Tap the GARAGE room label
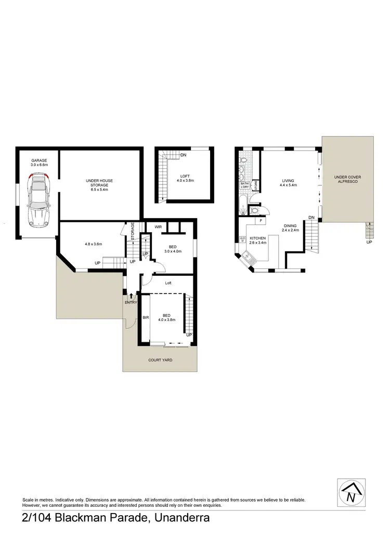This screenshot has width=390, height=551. [x=39, y=161]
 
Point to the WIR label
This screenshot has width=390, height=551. [x=158, y=227]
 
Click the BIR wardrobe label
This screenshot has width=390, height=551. [x=146, y=317]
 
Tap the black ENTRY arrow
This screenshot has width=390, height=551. [x=131, y=295]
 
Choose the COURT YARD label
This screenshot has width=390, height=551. [x=160, y=359]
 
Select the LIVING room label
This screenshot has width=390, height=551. [x=288, y=181]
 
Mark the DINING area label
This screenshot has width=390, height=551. [x=290, y=225]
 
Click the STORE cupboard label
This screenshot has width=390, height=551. [x=255, y=185]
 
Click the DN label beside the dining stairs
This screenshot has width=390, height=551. [x=311, y=217]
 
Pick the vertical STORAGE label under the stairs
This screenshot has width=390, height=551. [x=133, y=230]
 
